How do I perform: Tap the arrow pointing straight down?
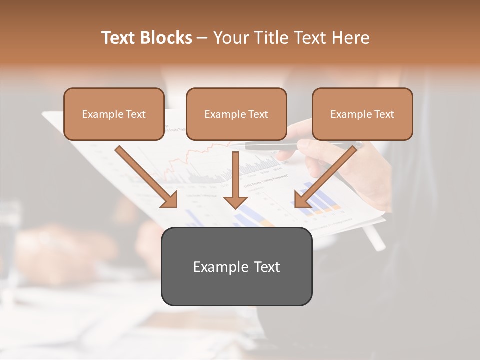tap(235, 180)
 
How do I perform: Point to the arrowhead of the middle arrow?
tap(235, 202)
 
